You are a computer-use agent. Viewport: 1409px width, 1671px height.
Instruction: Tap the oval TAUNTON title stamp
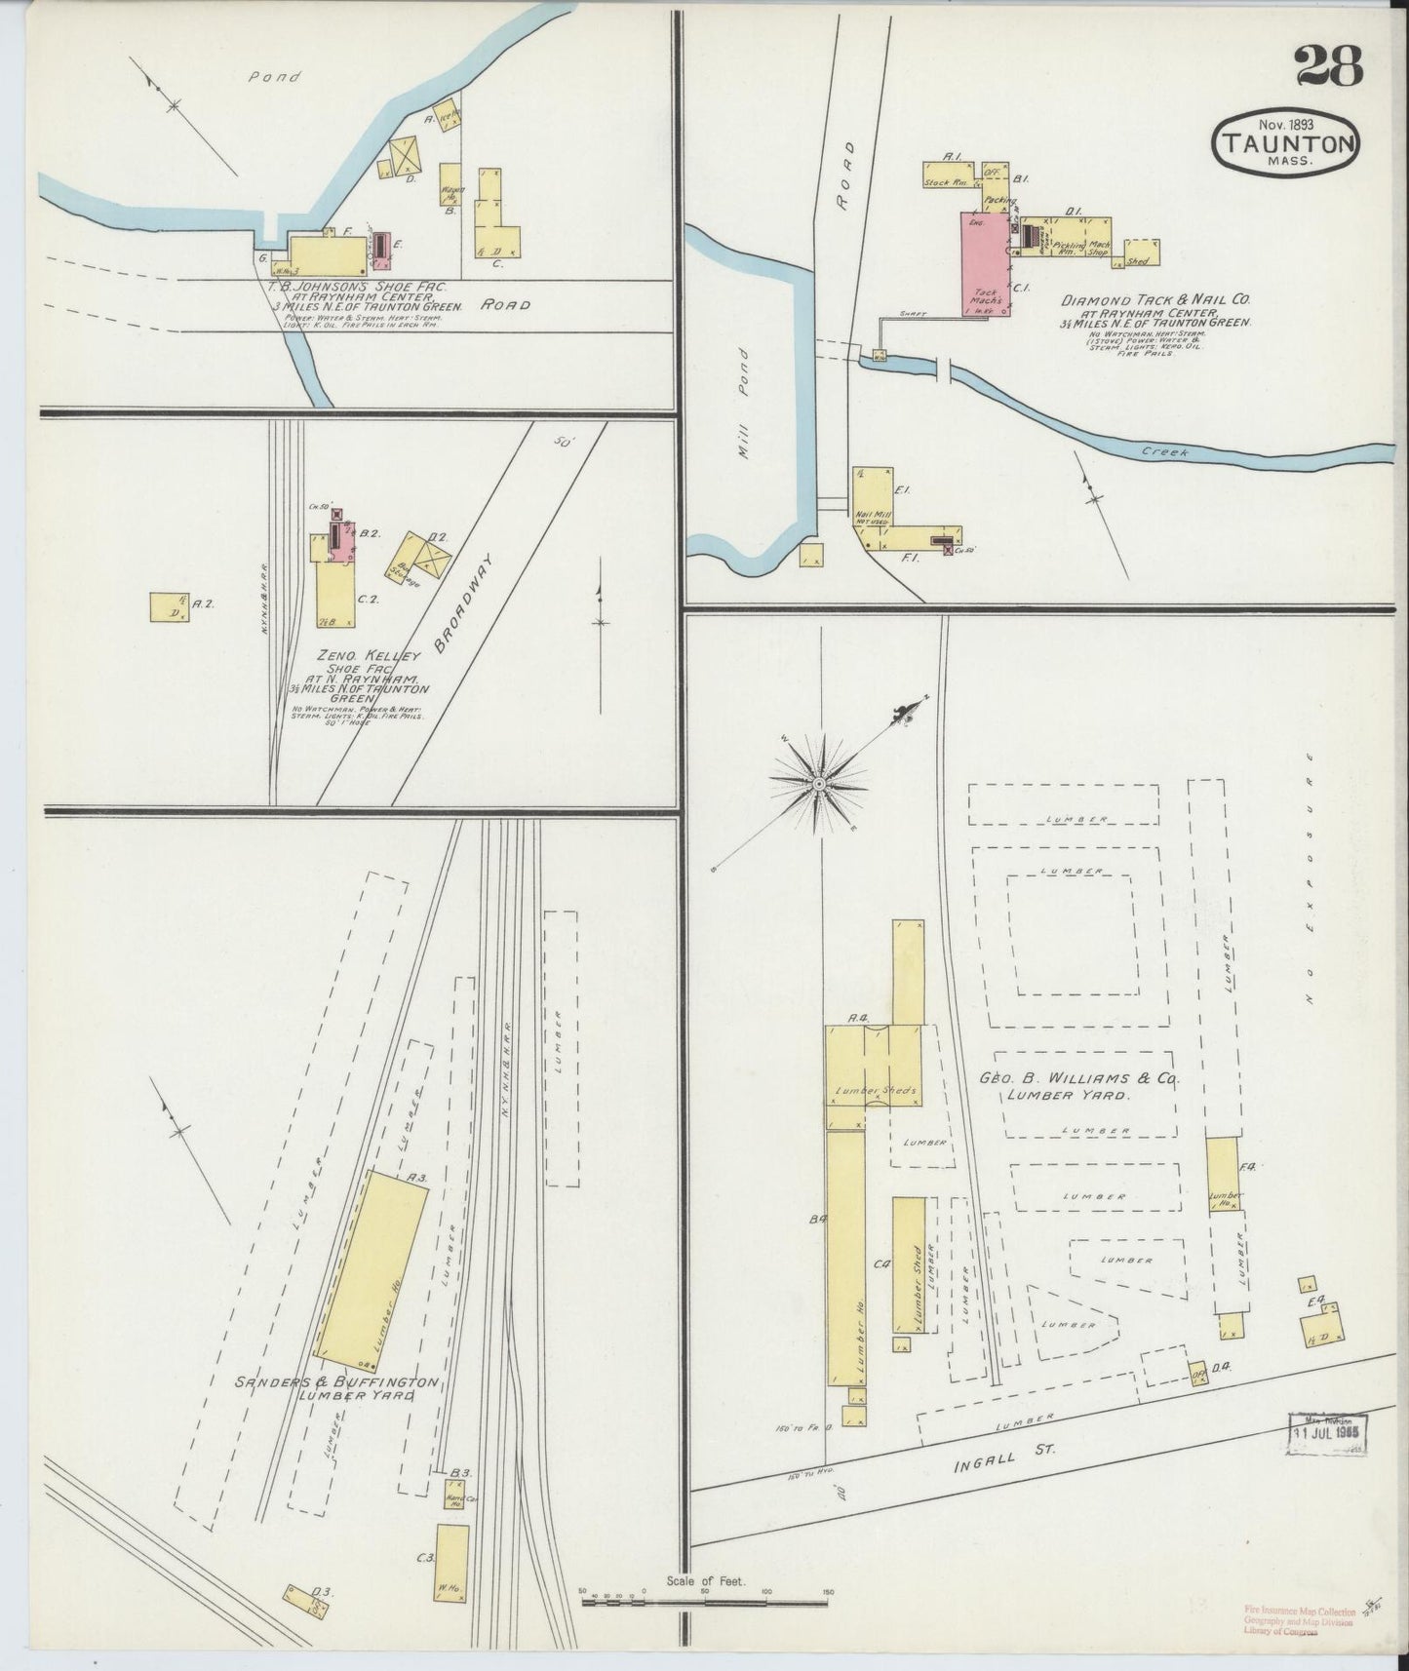coord(1287,144)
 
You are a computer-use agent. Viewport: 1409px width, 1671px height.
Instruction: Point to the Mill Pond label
coord(745,404)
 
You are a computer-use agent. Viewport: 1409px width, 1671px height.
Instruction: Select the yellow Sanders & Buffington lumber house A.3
coord(372,1265)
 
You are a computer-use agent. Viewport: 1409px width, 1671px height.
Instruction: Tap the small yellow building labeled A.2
coord(169,605)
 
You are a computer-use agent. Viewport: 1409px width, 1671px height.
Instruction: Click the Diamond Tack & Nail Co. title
coord(1155,301)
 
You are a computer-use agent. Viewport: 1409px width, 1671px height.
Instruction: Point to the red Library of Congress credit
coord(1300,1621)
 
